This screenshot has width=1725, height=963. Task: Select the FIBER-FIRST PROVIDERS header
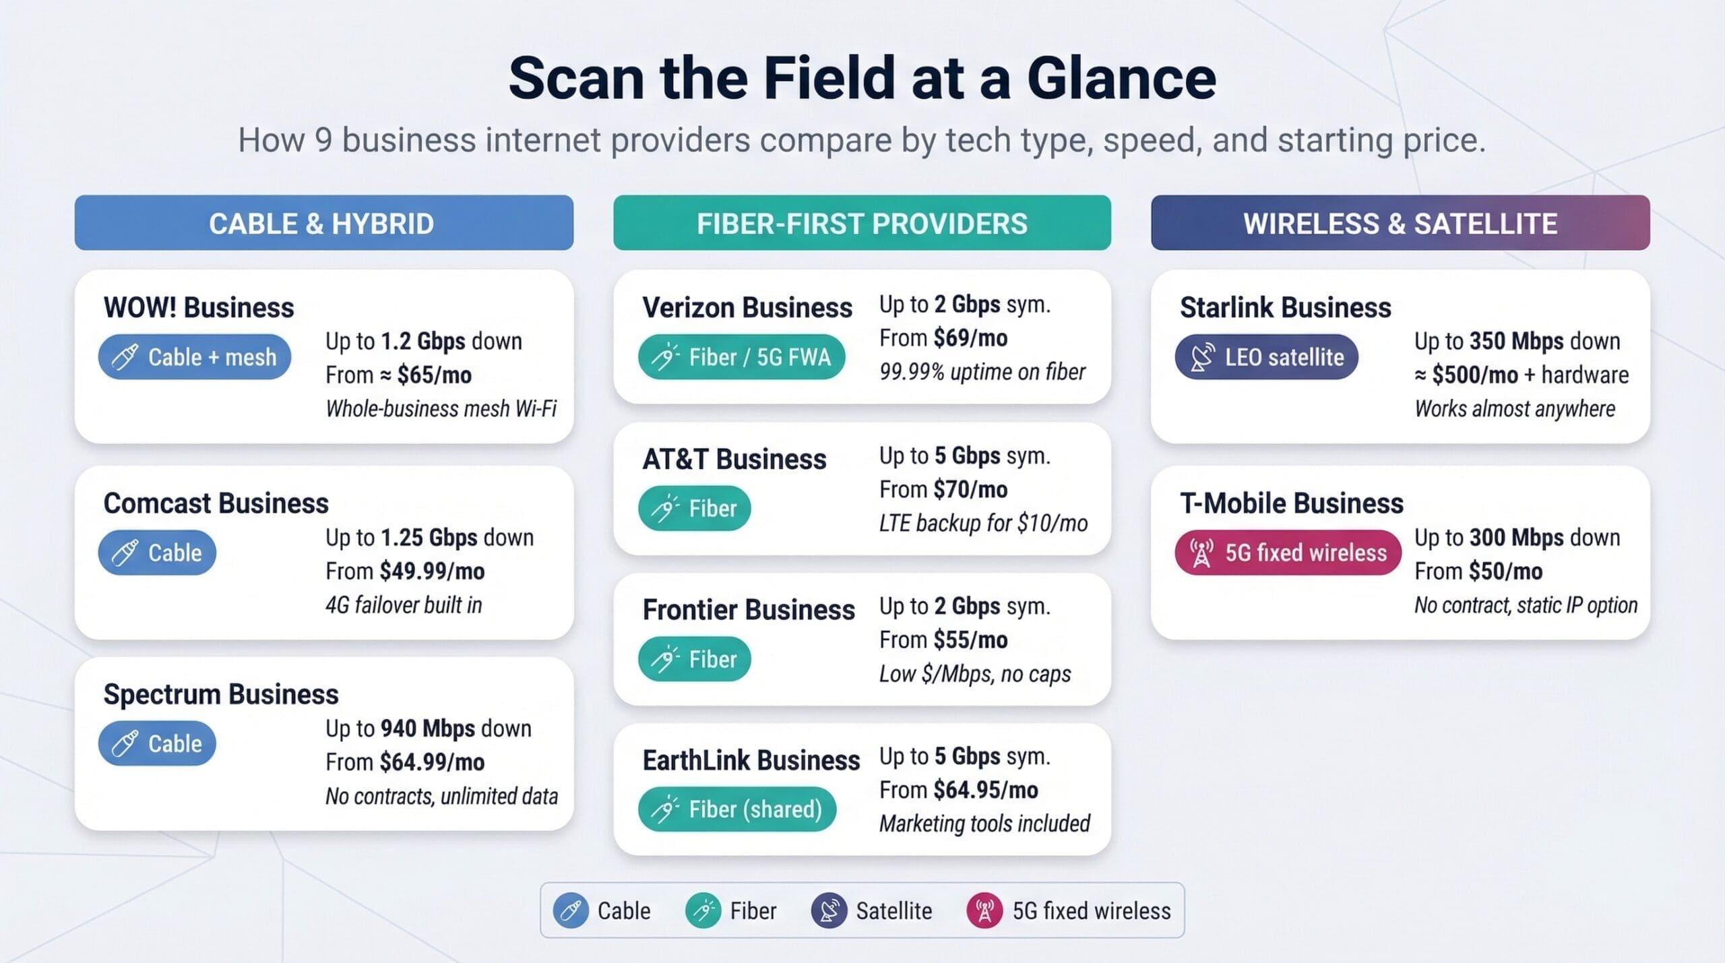point(862,223)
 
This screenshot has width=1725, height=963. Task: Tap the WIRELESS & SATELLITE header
point(1400,223)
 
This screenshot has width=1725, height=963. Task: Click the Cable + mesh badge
point(195,356)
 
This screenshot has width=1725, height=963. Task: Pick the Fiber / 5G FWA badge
point(741,356)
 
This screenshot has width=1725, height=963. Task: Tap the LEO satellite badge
point(1266,356)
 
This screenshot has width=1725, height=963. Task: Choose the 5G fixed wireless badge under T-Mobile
point(1288,553)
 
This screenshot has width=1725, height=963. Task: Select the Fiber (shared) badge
point(737,809)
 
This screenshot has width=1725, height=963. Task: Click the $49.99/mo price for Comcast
point(432,571)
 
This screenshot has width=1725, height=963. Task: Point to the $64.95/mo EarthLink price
point(986,789)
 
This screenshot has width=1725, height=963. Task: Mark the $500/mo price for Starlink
point(1475,375)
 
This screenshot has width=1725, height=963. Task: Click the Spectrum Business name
point(221,694)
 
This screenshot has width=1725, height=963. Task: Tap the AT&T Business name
point(734,459)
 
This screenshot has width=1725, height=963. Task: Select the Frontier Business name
point(748,609)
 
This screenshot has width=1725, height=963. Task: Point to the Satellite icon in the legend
point(829,910)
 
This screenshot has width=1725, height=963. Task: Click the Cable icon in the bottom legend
point(570,910)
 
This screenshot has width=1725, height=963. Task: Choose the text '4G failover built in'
point(404,604)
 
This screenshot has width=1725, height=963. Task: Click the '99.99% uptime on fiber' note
point(982,371)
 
